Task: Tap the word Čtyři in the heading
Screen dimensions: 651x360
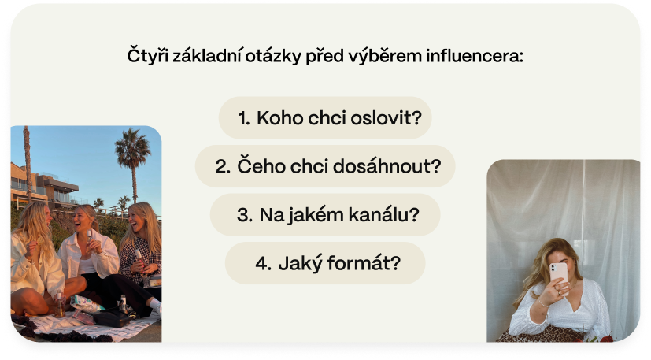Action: pyautogui.click(x=148, y=55)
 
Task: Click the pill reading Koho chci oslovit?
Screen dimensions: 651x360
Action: pyautogui.click(x=325, y=117)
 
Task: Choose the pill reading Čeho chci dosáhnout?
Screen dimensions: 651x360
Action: pyautogui.click(x=325, y=166)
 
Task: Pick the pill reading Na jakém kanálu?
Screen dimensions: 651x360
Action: pyautogui.click(x=325, y=215)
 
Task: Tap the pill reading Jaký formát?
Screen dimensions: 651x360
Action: pyautogui.click(x=325, y=263)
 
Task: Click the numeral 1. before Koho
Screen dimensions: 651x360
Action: pyautogui.click(x=244, y=118)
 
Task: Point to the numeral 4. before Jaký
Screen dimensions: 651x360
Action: pyautogui.click(x=264, y=264)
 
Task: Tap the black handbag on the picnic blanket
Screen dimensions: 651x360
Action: pyautogui.click(x=111, y=317)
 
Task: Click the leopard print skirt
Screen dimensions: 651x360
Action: pyautogui.click(x=541, y=334)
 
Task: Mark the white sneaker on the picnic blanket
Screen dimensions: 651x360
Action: pyautogui.click(x=155, y=306)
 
